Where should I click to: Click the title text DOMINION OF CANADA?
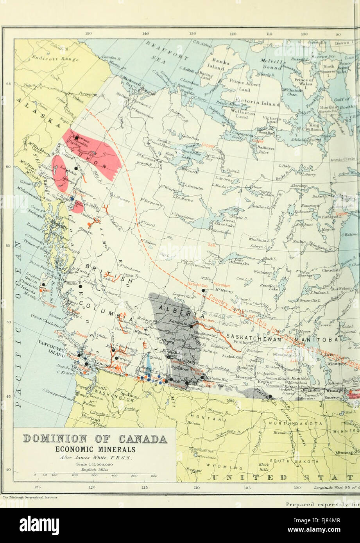pyautogui.click(x=95, y=439)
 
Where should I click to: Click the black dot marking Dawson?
pyautogui.click(x=76, y=137)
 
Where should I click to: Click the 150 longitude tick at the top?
pyautogui.click(x=88, y=34)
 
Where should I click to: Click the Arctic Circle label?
pyautogui.click(x=341, y=159)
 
